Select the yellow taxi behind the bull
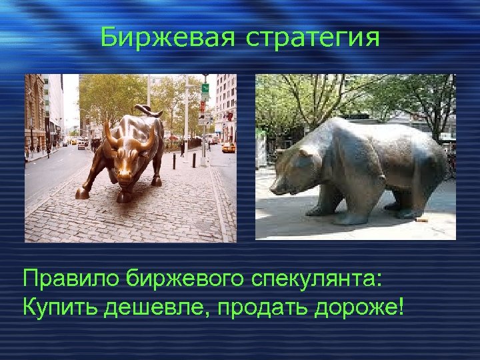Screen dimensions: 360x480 coord(229,147)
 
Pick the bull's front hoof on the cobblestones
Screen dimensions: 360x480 coord(81,193)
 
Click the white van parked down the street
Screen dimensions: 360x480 coord(81,144)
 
